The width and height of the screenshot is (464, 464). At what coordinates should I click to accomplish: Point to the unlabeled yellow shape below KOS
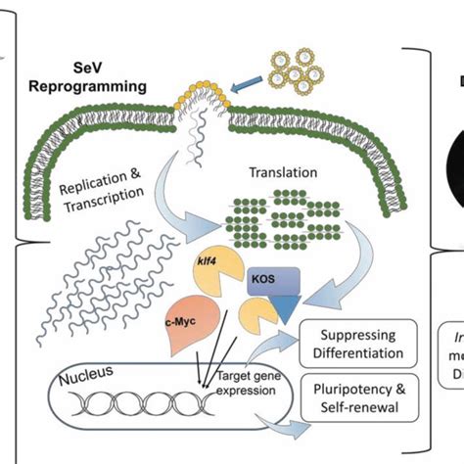click(x=252, y=316)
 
